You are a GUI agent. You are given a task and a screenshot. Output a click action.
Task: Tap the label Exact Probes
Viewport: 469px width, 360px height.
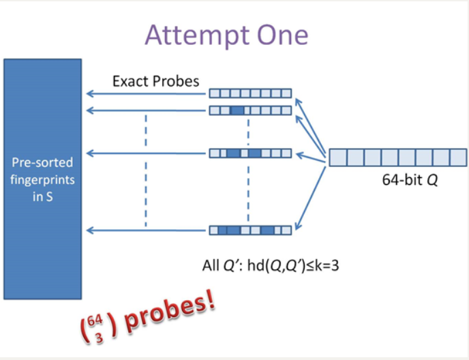[x=155, y=82]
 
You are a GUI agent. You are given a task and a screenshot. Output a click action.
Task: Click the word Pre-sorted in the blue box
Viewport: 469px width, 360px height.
[x=42, y=164]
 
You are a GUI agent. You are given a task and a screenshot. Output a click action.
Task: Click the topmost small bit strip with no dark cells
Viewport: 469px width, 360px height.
[x=250, y=94]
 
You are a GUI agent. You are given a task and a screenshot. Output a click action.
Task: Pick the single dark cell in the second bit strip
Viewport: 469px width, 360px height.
[x=237, y=110]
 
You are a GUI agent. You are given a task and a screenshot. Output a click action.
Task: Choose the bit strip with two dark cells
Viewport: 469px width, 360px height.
[x=250, y=153]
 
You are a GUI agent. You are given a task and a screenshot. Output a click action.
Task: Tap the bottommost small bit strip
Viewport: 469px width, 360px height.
[x=250, y=230]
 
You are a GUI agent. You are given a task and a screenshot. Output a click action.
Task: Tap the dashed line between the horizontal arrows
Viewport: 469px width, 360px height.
[x=145, y=170]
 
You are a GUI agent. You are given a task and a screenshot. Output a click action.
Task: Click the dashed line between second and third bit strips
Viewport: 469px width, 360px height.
[x=248, y=130]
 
